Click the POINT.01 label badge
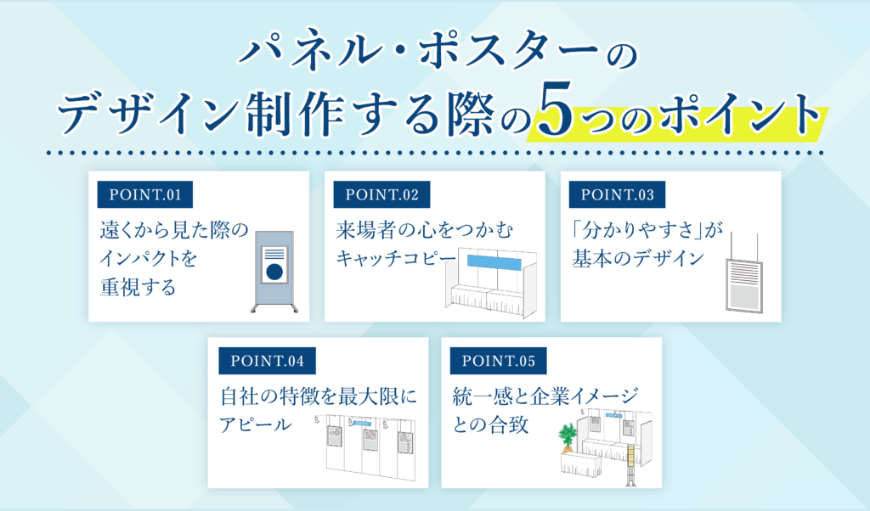145,194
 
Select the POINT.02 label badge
381,194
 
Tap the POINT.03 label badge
617,194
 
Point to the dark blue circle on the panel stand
274,272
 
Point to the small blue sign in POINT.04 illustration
363,423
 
